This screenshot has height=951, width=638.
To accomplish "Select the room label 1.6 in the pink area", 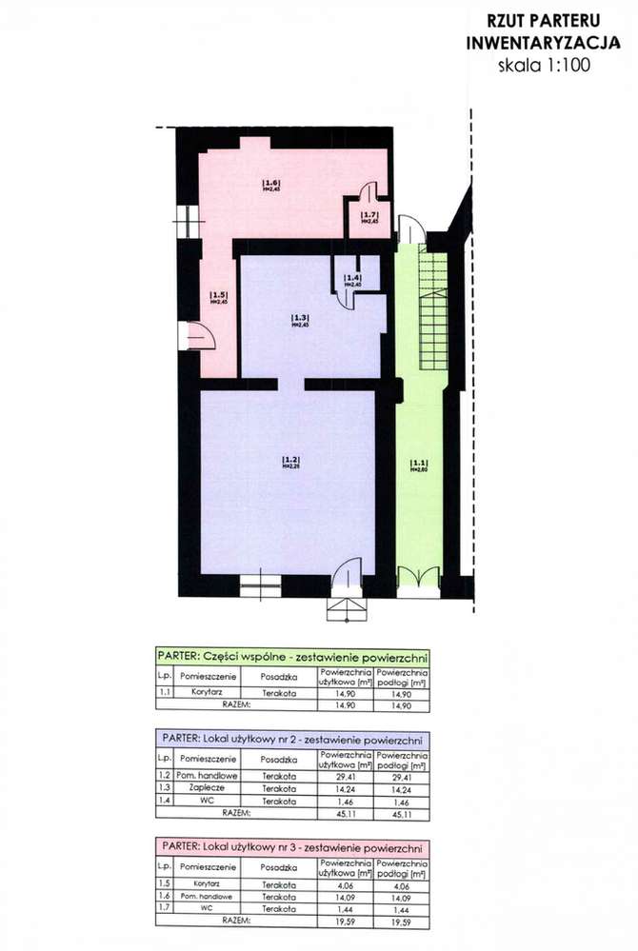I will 270,184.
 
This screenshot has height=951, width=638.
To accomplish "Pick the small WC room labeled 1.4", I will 354,280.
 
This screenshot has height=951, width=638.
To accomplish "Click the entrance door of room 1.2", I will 347,576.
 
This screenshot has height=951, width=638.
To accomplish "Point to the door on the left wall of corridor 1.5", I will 201,335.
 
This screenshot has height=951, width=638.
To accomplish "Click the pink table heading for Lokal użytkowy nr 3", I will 290,844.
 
